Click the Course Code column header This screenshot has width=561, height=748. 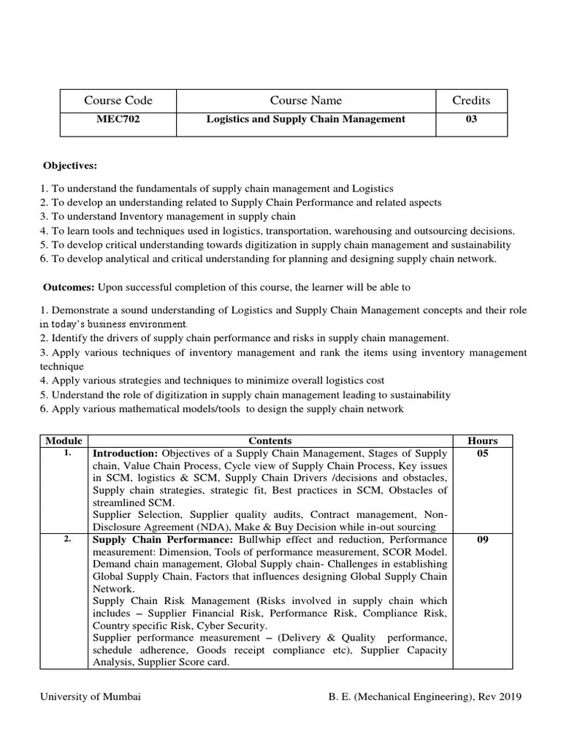tap(118, 101)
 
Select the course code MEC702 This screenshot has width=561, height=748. tap(118, 119)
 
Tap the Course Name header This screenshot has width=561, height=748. tap(305, 101)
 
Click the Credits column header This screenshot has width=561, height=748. tap(471, 101)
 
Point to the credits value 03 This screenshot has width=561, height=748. tap(471, 119)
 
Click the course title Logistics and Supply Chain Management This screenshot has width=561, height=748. tap(305, 119)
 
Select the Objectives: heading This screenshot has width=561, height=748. tap(69, 167)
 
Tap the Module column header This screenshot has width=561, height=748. tap(64, 440)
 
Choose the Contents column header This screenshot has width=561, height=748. tap(270, 440)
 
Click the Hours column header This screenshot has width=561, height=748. tap(482, 440)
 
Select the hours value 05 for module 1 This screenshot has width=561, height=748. tap(482, 453)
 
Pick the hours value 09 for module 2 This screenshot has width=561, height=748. tap(482, 541)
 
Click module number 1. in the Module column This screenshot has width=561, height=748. tap(66, 453)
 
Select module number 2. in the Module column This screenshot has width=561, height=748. tap(66, 540)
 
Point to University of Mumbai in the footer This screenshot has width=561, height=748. tap(91, 697)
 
